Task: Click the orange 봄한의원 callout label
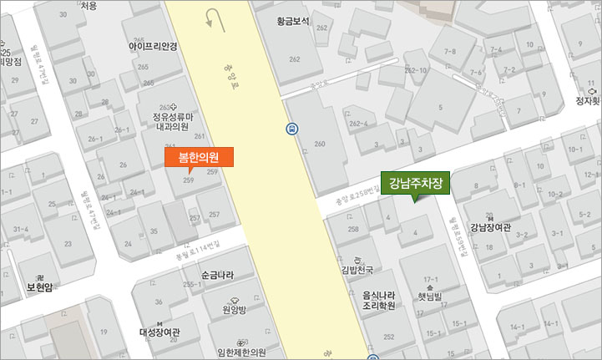click(x=199, y=157)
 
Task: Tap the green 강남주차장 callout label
click(x=415, y=182)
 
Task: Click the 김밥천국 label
click(x=357, y=270)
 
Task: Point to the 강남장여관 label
click(x=490, y=226)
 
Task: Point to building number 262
click(x=294, y=59)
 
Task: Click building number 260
click(x=319, y=145)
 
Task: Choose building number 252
click(x=387, y=337)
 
